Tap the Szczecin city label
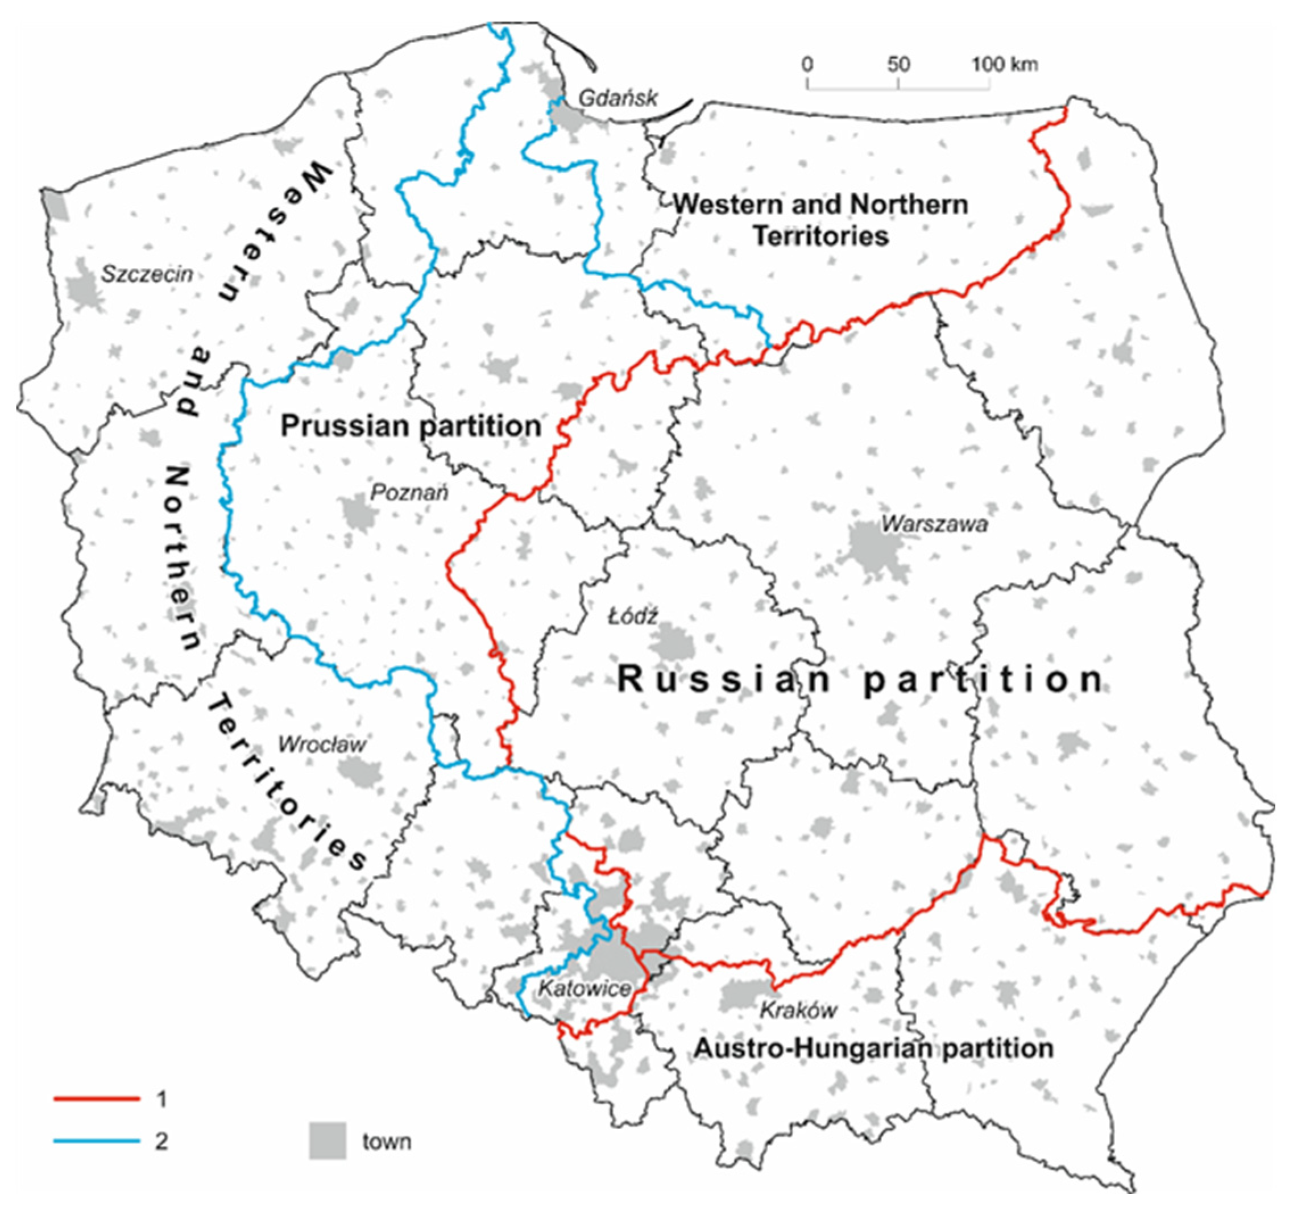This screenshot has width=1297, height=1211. pos(147,273)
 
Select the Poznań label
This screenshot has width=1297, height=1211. pos(409,492)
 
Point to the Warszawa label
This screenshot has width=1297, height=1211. pos(934,523)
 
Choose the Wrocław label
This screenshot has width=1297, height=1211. pos(322,744)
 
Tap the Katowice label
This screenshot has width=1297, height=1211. pos(584,988)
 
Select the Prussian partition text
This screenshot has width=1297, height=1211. pos(411,426)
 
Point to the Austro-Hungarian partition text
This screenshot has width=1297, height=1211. pos(873,1048)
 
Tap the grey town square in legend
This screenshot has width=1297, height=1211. pos(328,1141)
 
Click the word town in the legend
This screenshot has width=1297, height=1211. pos(387,1142)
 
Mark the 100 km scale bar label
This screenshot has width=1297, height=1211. pos(1005,65)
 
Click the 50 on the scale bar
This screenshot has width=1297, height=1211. pos(898,65)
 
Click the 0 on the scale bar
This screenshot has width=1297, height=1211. pos(807,65)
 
